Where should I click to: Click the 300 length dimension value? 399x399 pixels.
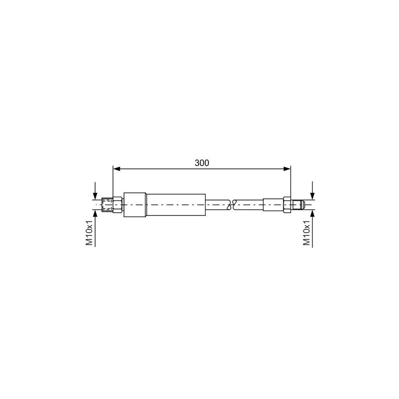[202, 163]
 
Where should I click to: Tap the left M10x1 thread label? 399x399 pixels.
[89, 232]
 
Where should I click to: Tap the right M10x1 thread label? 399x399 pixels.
[306, 232]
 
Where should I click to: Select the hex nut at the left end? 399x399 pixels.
[117, 205]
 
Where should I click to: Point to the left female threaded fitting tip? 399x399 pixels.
[107, 205]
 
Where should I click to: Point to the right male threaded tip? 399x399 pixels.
[298, 205]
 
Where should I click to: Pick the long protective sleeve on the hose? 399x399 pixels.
[176, 205]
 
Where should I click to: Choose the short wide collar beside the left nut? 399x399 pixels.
[135, 205]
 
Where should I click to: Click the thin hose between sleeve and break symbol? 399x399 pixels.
[217, 205]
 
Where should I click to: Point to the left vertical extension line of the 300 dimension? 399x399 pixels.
[113, 182]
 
